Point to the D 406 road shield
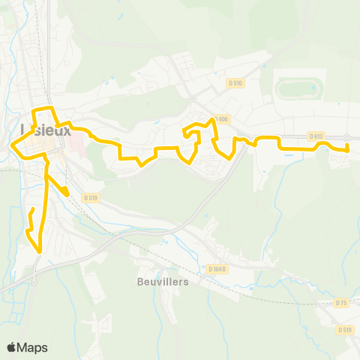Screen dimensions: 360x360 coord(220,118)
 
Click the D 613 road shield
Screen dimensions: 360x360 coord(315,136)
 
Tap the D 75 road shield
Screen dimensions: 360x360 coord(341,302)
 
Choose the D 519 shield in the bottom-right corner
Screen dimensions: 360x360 coord(344,329)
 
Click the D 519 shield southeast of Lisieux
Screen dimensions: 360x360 coord(91,197)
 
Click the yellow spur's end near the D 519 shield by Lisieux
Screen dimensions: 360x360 coord(67,195)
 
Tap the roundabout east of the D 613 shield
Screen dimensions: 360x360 coord(348,137)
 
